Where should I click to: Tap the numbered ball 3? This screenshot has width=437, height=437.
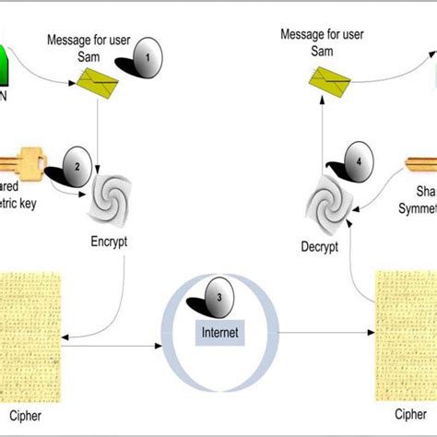pos(217,299)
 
